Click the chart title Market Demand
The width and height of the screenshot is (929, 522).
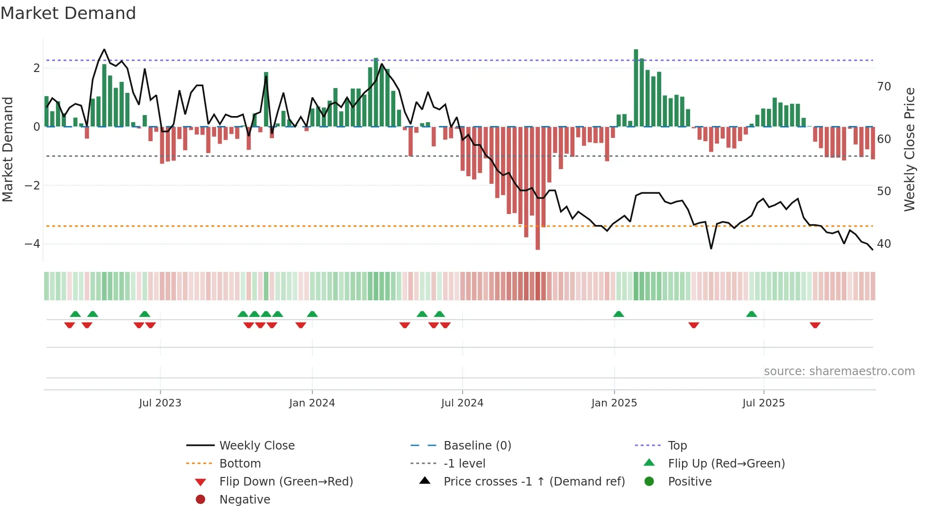[x=68, y=13]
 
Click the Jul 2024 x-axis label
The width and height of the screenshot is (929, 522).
[x=462, y=403]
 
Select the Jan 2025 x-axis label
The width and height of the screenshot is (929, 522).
[x=614, y=403]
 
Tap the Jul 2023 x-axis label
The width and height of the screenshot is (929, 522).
[x=160, y=403]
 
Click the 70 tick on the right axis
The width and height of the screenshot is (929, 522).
[x=884, y=87]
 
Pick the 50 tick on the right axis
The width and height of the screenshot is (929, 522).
[x=884, y=191]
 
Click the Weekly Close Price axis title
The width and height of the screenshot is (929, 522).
[x=909, y=149]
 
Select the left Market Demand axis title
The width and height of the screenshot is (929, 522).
[x=8, y=149]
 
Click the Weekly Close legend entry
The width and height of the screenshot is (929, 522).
[x=257, y=446]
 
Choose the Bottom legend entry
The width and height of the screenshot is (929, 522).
[x=240, y=464]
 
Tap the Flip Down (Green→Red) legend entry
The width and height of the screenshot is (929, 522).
[x=286, y=482]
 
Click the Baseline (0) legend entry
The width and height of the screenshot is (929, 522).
[x=477, y=446]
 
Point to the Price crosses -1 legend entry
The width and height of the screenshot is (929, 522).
[x=534, y=482]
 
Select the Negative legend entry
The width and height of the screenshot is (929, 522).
[x=245, y=500]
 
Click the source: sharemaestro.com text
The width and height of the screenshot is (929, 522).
[x=839, y=371]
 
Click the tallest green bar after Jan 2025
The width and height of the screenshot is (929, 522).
[x=636, y=88]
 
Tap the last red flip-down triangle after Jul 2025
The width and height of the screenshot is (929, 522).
[x=815, y=325]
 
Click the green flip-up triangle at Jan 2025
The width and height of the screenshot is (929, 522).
[x=619, y=314]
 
